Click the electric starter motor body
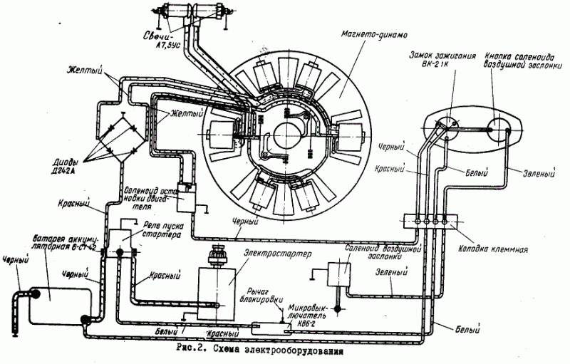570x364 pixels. tap(215, 288)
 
